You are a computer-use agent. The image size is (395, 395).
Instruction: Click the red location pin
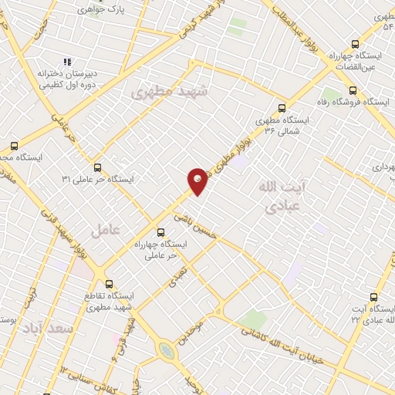[197, 181]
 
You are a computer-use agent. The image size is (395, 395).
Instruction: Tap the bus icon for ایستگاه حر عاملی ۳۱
[97, 167]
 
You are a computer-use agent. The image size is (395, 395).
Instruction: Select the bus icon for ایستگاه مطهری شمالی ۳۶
[281, 109]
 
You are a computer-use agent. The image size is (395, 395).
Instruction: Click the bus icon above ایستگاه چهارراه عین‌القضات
[355, 44]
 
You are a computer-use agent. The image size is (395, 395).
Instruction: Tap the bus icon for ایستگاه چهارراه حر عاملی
[160, 231]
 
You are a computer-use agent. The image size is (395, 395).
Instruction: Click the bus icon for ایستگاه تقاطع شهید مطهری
[108, 283]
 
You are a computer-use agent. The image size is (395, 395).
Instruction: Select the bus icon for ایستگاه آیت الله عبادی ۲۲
[374, 296]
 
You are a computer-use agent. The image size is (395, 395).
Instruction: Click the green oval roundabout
[166, 352]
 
